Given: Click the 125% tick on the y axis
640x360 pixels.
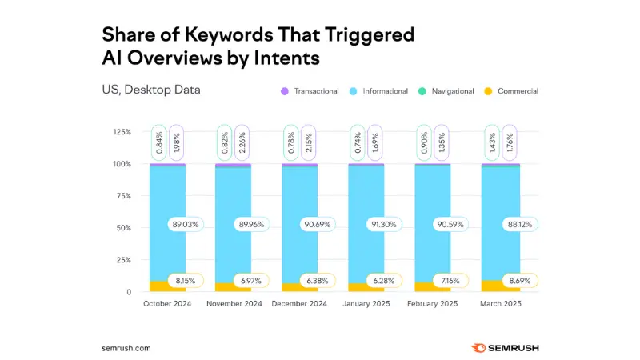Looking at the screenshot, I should pos(120,132).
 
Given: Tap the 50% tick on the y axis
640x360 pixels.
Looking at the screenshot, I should pos(122,228).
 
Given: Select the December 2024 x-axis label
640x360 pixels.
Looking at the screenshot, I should pos(299,304).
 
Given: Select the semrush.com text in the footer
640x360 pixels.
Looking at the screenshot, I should pos(126,348).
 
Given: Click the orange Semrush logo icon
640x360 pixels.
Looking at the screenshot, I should pos(478,348).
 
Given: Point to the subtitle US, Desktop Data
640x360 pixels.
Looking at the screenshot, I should pos(151,90).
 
